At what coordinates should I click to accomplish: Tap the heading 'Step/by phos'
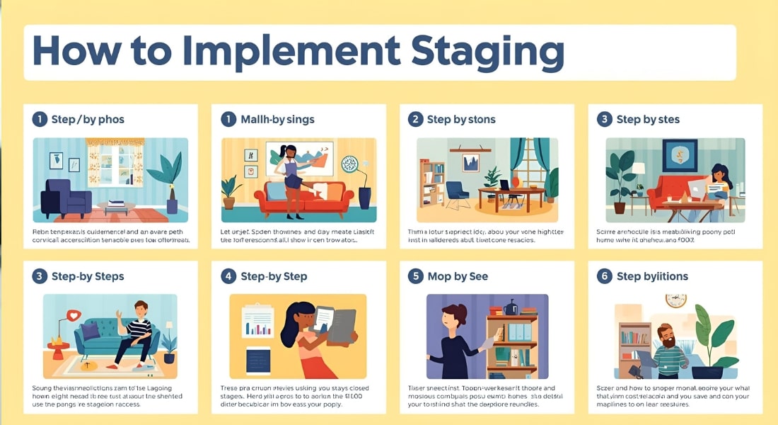click(88, 119)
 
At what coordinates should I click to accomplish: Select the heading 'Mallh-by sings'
click(277, 119)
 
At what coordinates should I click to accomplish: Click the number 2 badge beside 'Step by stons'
click(415, 119)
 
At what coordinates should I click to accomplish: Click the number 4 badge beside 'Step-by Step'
click(228, 276)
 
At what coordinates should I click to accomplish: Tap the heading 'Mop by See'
click(458, 276)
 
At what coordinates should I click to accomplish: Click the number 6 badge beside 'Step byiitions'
click(604, 276)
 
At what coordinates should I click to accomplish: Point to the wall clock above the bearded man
click(676, 300)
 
